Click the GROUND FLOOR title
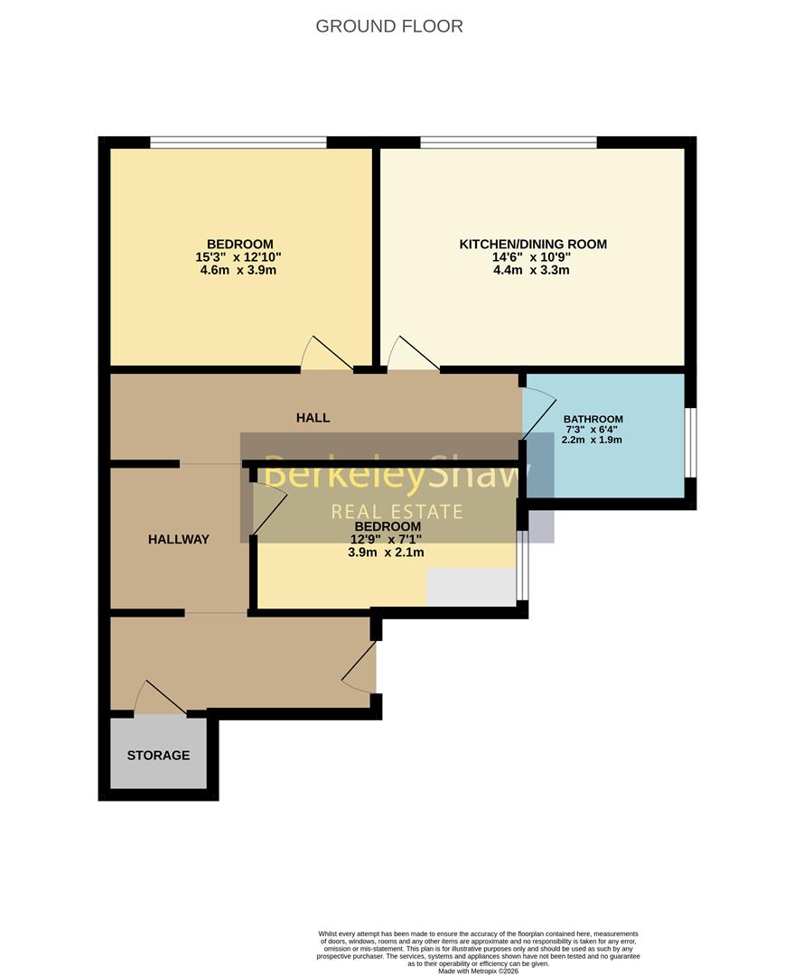coord(389,26)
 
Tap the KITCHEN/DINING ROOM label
coord(533,245)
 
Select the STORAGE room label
coord(158,756)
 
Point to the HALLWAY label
coord(179,540)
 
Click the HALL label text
coord(313,418)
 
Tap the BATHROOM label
coord(593,419)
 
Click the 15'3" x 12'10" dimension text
coord(238,257)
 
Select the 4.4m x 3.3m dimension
coord(531,271)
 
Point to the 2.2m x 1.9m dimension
coord(592,440)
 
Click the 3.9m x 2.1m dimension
coord(386,552)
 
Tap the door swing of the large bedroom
coord(326,355)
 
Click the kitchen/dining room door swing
coord(413,355)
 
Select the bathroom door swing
coord(539,414)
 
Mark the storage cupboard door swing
coord(160,697)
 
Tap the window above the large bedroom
coord(238,143)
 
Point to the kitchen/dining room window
coord(509,143)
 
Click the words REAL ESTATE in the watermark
coord(397,512)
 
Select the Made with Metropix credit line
coord(478,970)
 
